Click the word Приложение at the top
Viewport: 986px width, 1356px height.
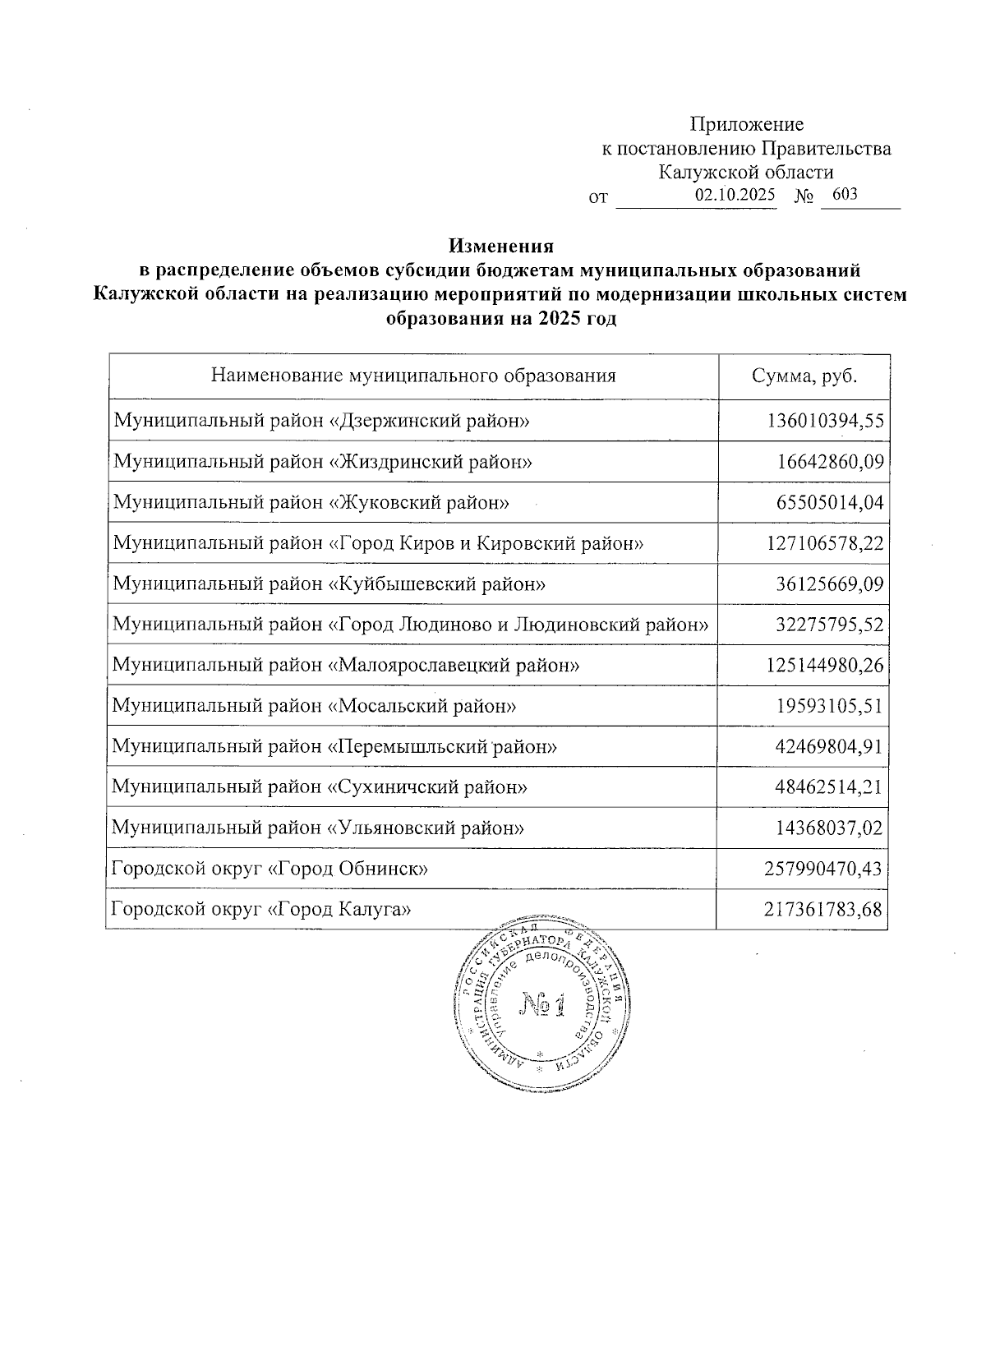coord(746,125)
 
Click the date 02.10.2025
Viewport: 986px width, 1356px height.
coord(735,196)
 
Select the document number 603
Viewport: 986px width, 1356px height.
coord(845,196)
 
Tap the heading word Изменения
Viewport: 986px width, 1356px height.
coord(501,246)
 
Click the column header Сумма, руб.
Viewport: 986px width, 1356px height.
coord(804,376)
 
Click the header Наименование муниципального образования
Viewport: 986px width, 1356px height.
coord(413,376)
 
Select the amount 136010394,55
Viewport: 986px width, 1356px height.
coord(825,422)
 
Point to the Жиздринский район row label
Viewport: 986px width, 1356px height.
coord(323,462)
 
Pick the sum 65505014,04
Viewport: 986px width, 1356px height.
coord(830,503)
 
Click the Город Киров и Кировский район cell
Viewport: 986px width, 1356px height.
coord(378,543)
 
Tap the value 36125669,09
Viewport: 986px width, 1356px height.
coord(830,584)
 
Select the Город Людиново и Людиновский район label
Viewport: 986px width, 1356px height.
coord(410,625)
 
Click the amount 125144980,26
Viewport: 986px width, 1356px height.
coord(825,665)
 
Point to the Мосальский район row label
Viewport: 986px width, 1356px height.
coord(315,706)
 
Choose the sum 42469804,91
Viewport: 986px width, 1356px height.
coord(830,746)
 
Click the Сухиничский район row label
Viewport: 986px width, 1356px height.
coord(320,787)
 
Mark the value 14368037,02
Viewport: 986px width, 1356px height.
coord(830,828)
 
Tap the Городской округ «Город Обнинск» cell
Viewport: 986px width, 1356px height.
coord(270,869)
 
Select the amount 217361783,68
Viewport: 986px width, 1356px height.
coord(825,909)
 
